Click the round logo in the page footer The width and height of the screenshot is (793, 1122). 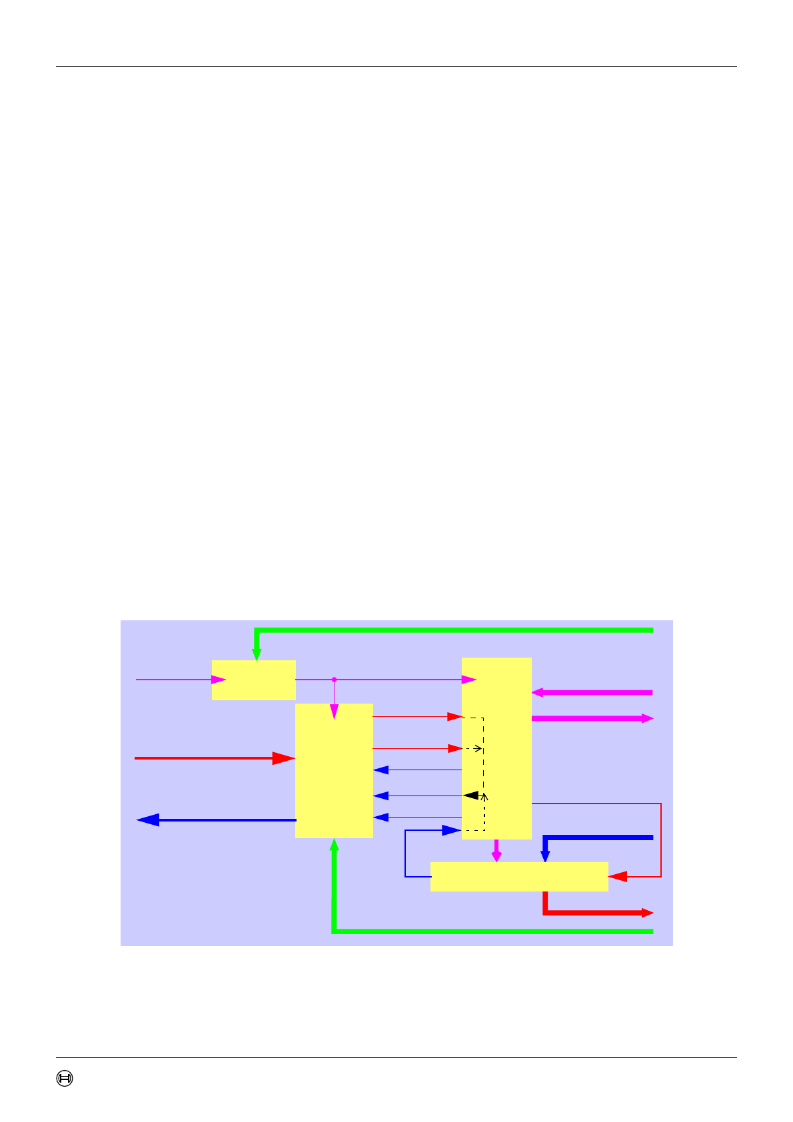65,1078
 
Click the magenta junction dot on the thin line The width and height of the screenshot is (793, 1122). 334,680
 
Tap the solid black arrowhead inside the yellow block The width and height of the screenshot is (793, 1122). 470,796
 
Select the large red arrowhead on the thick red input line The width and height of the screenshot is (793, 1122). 284,758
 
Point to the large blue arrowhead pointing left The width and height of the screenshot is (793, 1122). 148,820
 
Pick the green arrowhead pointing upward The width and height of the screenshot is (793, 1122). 335,845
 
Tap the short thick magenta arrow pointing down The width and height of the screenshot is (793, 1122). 496,852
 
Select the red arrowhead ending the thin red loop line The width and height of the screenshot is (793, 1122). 618,877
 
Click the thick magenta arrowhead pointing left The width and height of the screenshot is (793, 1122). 538,693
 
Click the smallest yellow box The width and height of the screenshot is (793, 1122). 253,680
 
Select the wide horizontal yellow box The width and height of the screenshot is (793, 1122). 519,877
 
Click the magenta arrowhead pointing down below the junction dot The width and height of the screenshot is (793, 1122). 335,712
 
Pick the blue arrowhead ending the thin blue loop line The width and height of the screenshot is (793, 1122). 452,830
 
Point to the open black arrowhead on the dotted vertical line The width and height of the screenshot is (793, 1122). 484,796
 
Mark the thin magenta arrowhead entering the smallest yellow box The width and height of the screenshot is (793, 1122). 219,680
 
